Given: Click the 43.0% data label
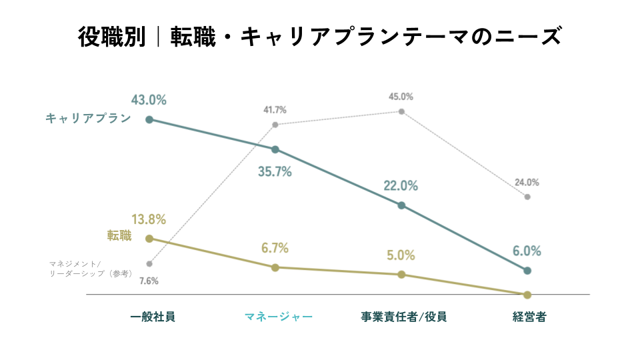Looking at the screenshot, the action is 149,100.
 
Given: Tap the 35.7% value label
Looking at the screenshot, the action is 275,172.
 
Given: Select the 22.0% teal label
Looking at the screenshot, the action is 401,186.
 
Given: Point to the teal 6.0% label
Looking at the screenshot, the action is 527,251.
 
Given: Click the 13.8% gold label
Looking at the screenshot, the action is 149,219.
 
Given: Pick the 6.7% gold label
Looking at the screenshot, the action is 275,248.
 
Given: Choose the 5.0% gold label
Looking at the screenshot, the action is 401,255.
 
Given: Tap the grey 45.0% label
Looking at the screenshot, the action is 401,97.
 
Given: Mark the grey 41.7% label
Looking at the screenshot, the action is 275,110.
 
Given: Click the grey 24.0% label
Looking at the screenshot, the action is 527,183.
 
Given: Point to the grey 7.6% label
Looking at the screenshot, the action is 149,281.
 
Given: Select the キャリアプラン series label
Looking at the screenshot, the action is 88,119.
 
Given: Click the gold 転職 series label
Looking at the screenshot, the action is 119,235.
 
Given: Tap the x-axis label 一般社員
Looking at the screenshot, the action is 153,317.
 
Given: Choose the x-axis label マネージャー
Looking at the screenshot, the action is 279,317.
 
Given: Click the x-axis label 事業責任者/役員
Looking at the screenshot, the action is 404,317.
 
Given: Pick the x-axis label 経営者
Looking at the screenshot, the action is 529,317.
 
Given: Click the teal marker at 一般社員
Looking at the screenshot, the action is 149,119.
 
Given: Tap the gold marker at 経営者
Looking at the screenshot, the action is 527,295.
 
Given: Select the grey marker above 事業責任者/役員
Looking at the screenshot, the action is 401,111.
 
